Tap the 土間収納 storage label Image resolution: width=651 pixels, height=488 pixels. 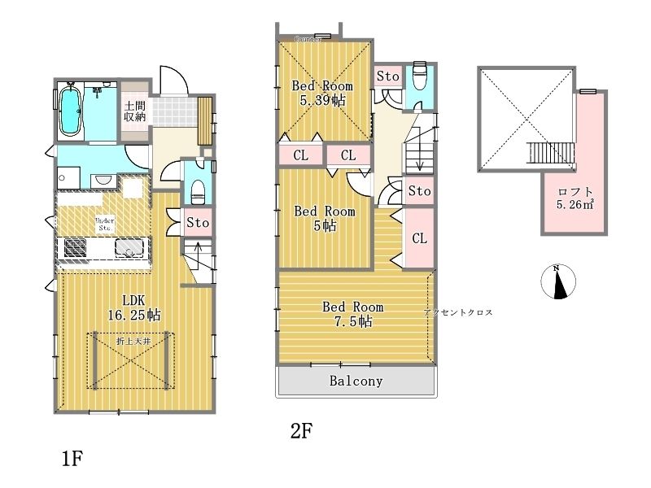tap(134, 111)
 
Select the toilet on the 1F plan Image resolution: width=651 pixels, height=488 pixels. tap(195, 190)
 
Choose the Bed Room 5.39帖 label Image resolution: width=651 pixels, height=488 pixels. tap(322, 94)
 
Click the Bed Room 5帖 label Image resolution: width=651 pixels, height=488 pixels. tap(325, 218)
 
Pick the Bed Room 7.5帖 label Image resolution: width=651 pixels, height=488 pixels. tap(352, 314)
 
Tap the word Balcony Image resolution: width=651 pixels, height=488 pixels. tap(356, 381)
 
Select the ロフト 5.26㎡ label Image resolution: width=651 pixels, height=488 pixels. tap(575, 198)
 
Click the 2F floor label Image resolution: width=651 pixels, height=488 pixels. tap(302, 431)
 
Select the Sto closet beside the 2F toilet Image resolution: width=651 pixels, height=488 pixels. tap(388, 76)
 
